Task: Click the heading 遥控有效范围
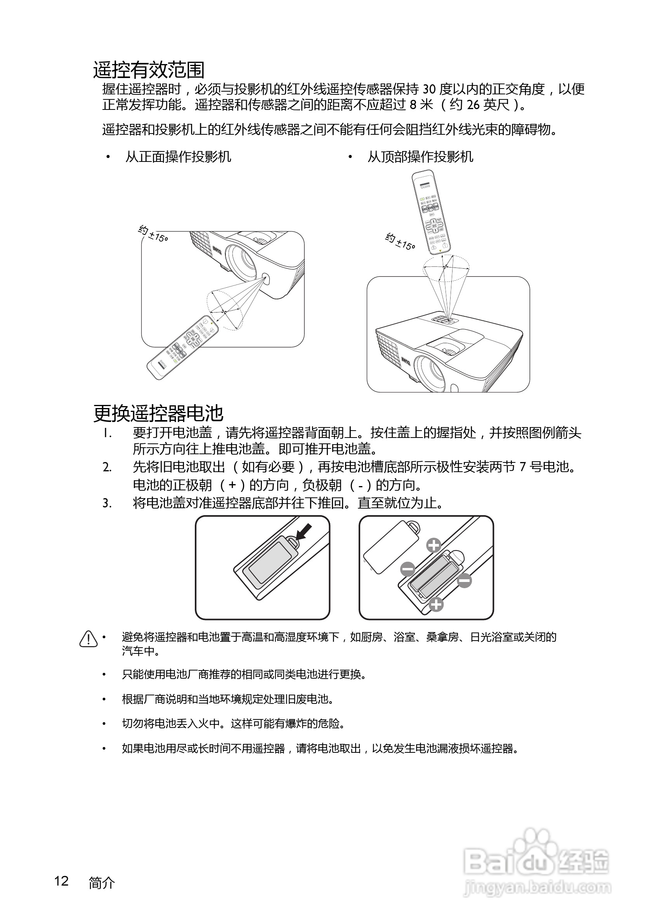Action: pos(149,70)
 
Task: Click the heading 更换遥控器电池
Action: pos(158,413)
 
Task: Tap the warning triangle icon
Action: pos(88,639)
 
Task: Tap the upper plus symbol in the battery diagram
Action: pos(434,546)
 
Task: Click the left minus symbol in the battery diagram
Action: pos(407,569)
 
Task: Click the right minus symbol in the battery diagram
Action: pos(464,580)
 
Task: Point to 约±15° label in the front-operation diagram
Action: pos(153,234)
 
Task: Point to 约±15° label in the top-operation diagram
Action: pos(400,241)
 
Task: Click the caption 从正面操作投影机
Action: pos(178,157)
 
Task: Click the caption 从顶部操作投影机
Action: pos(420,157)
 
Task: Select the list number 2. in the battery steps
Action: pos(107,467)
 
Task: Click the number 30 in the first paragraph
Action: pos(428,89)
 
